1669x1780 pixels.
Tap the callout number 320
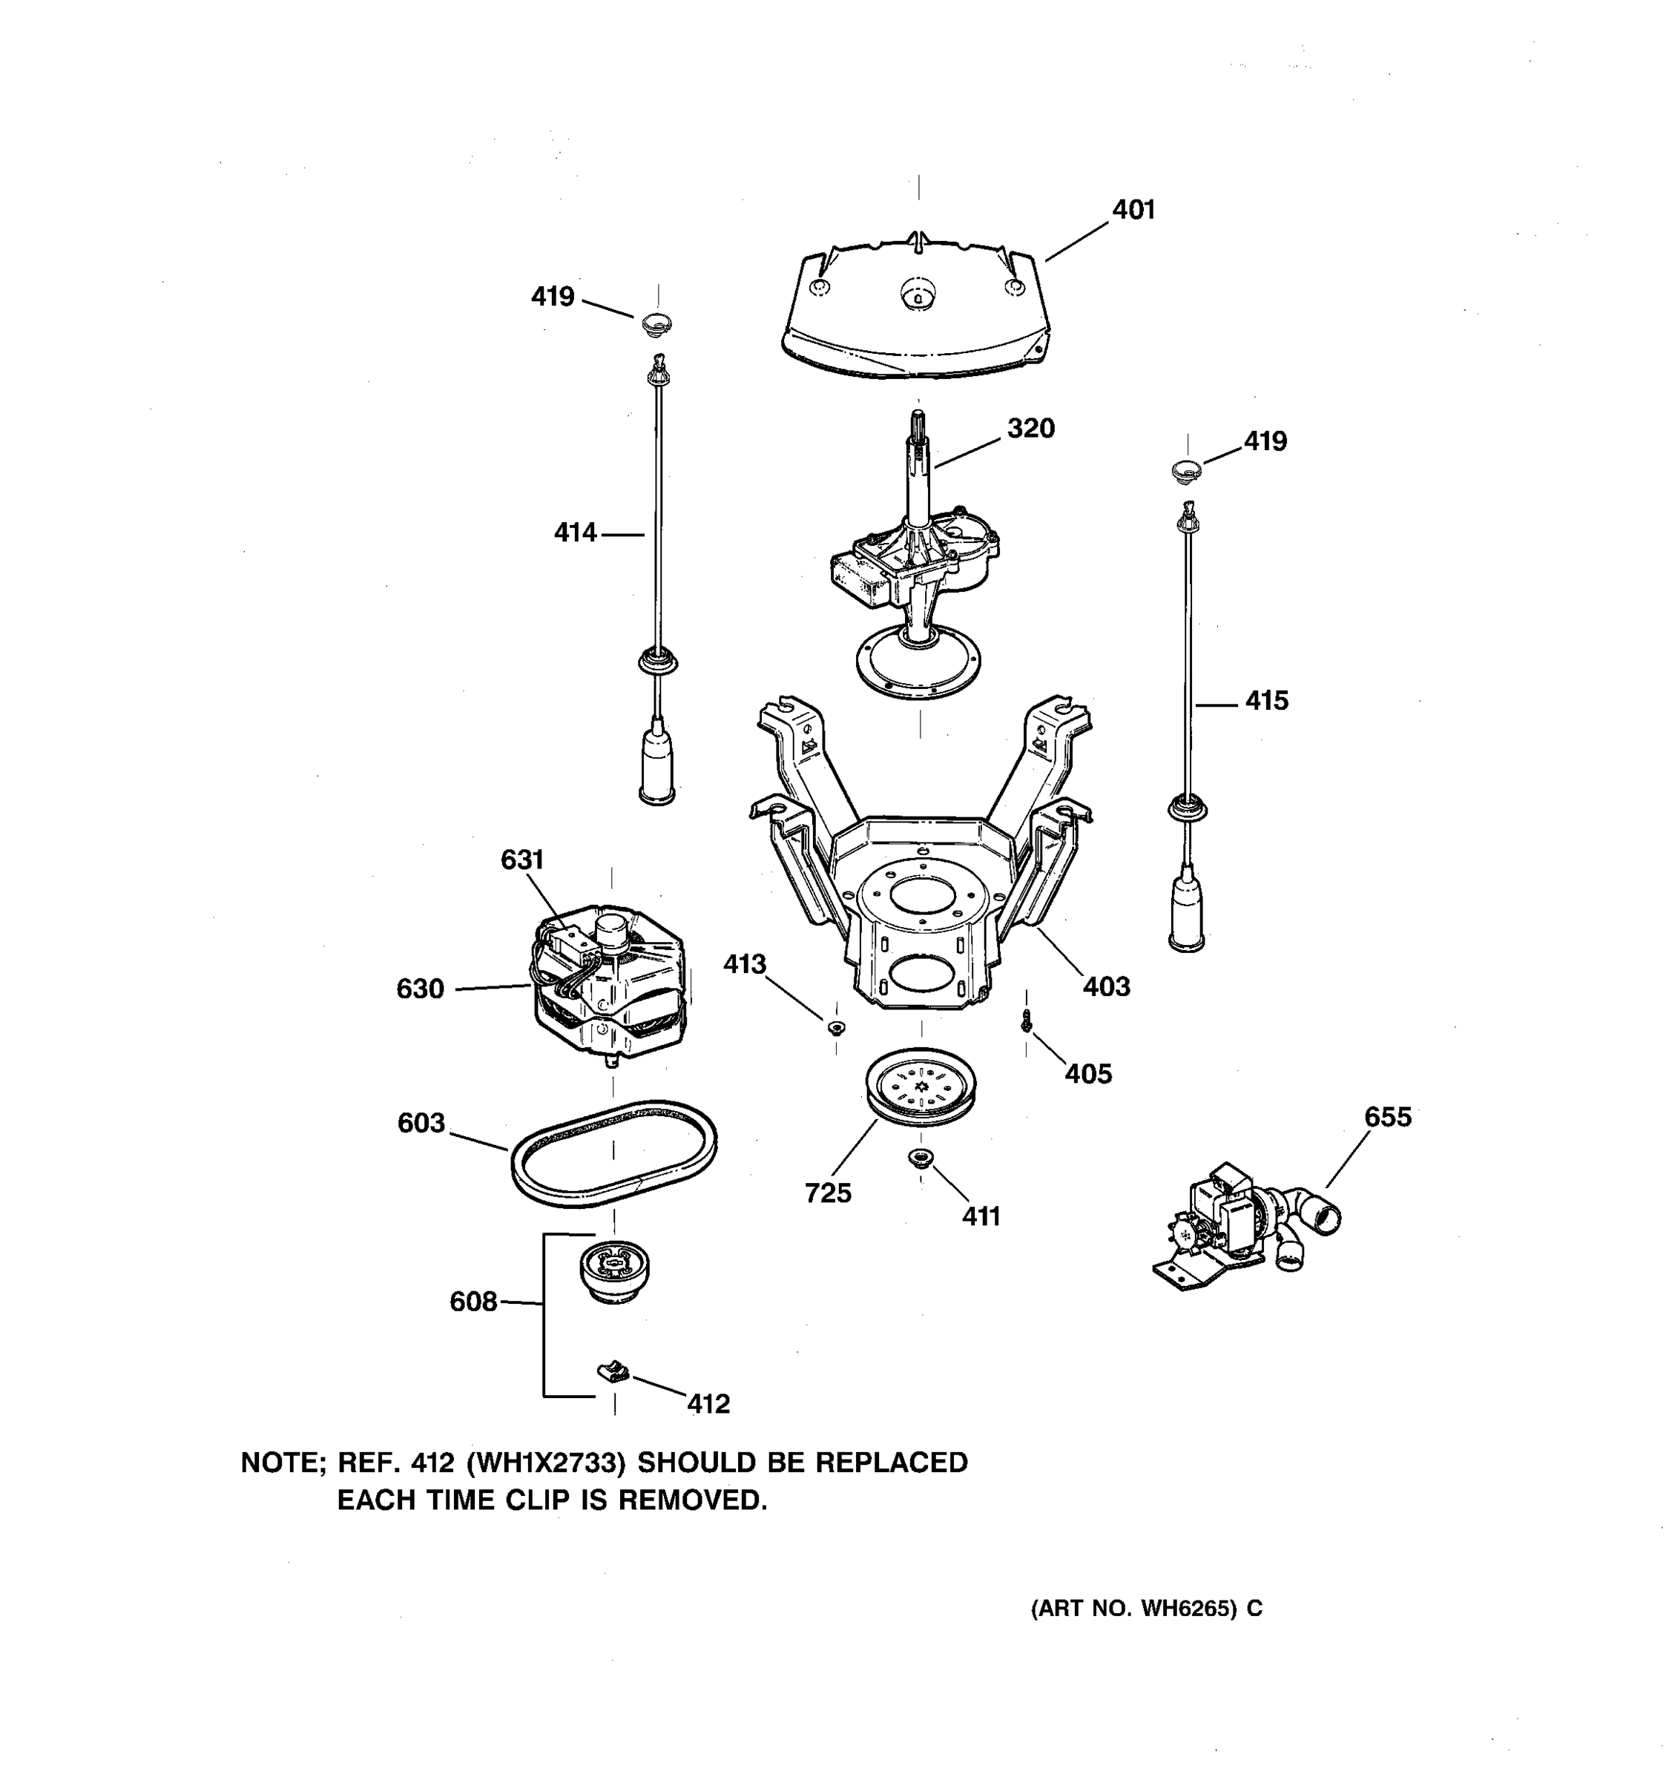pos(1030,429)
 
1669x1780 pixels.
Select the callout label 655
pos(1387,1118)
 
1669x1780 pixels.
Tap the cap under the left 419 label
pos(657,323)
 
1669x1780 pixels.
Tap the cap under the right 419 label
pos(1188,470)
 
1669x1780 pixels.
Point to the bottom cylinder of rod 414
pos(657,768)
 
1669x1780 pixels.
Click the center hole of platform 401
pos(918,293)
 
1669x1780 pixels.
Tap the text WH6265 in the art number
pos(1188,1609)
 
